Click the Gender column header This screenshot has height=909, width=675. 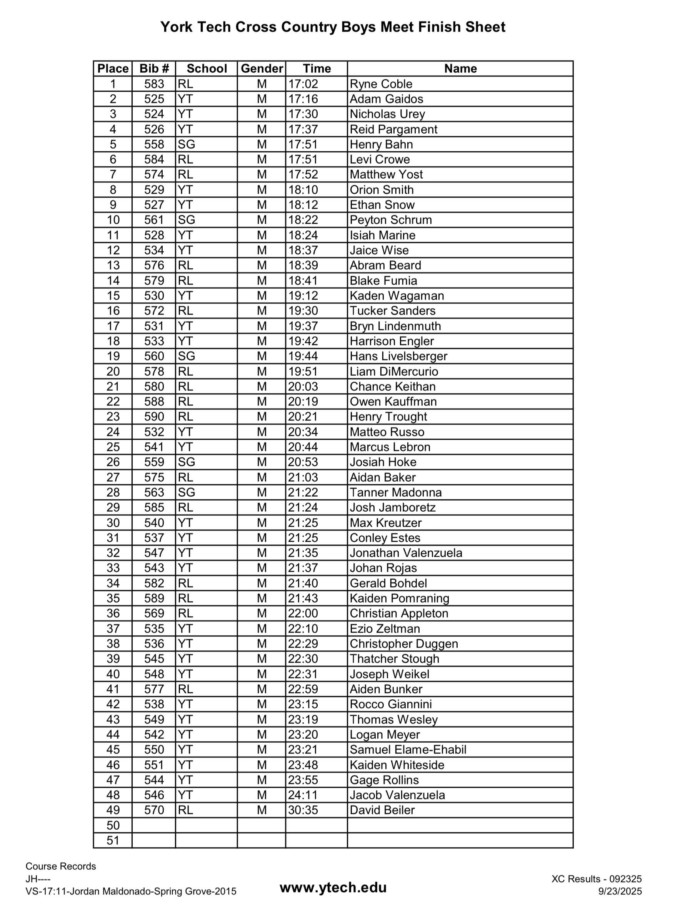(x=262, y=68)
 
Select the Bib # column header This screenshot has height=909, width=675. (x=154, y=68)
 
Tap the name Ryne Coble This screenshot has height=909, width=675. (x=381, y=84)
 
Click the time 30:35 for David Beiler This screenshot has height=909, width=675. (x=303, y=810)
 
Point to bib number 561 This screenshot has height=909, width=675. (x=154, y=220)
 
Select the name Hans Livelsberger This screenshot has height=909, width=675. (x=398, y=356)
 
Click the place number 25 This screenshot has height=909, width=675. (x=113, y=447)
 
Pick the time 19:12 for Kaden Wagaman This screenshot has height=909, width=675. (x=303, y=296)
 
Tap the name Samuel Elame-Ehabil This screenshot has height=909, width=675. (x=408, y=750)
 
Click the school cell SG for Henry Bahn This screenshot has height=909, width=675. (x=186, y=144)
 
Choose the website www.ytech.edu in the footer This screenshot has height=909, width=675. (x=333, y=887)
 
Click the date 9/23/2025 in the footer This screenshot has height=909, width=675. (x=620, y=891)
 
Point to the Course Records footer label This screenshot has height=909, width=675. (x=61, y=866)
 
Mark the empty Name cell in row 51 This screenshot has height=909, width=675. (x=460, y=840)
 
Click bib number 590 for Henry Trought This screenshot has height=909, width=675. (x=154, y=417)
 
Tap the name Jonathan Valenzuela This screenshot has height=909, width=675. (x=406, y=553)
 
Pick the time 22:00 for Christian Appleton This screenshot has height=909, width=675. (x=303, y=613)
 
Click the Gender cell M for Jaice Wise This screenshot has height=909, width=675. (x=262, y=250)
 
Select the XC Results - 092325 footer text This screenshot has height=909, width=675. (x=596, y=879)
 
